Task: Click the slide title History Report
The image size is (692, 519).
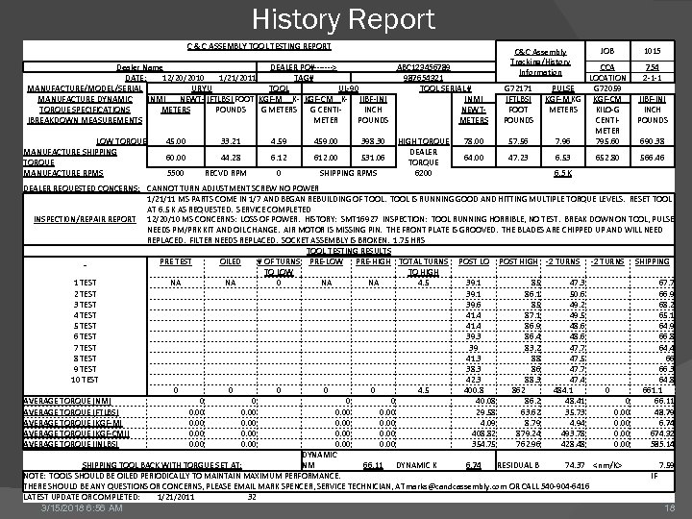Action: point(344,18)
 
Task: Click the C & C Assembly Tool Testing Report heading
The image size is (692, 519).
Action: point(259,46)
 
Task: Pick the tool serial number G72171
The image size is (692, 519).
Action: point(519,88)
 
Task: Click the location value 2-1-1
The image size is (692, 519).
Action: point(653,78)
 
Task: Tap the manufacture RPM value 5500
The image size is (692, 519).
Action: point(176,172)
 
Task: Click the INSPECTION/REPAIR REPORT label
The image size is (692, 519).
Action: point(86,219)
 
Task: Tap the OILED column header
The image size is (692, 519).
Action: point(231,261)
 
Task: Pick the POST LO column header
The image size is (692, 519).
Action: point(474,261)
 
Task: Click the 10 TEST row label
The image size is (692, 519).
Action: point(86,379)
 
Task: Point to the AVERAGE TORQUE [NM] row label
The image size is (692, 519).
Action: point(66,400)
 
